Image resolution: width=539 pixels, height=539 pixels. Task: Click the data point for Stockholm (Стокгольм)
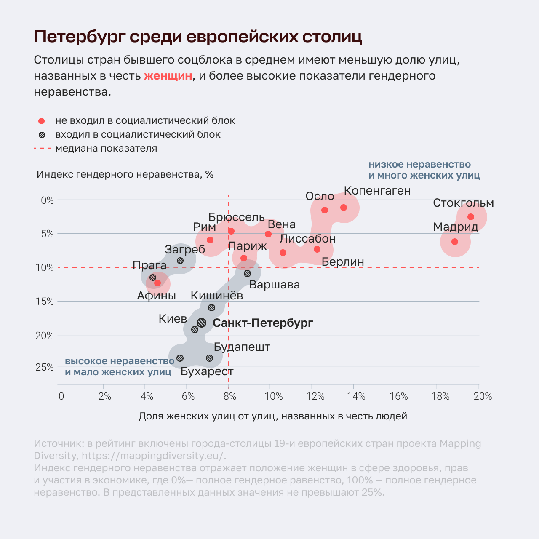(471, 217)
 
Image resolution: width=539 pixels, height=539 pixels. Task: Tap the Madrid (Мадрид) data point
(455, 242)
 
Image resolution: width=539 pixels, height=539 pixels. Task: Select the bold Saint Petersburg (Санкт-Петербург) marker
(202, 323)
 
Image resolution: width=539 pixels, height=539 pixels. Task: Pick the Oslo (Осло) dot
(325, 210)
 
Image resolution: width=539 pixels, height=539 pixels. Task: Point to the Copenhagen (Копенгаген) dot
(344, 208)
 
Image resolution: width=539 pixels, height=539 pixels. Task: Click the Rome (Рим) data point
(210, 240)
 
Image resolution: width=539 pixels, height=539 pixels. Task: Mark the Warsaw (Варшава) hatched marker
(247, 273)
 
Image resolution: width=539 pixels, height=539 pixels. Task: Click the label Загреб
(185, 250)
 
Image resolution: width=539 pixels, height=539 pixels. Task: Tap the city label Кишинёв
(217, 295)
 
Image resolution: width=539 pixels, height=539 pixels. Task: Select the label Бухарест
(207, 371)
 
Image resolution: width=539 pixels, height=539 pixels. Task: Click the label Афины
(156, 296)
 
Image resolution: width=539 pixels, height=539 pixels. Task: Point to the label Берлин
(343, 262)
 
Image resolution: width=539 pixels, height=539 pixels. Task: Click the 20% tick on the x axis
(483, 396)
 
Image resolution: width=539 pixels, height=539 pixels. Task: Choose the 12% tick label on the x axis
(315, 396)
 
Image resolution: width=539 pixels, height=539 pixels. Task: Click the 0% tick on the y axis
(47, 200)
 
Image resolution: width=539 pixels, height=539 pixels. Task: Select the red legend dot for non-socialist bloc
(41, 121)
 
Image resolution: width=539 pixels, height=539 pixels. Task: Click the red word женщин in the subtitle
(168, 76)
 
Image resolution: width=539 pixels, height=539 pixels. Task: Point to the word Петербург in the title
(80, 37)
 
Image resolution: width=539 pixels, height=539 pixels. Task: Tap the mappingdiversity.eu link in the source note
(154, 456)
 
